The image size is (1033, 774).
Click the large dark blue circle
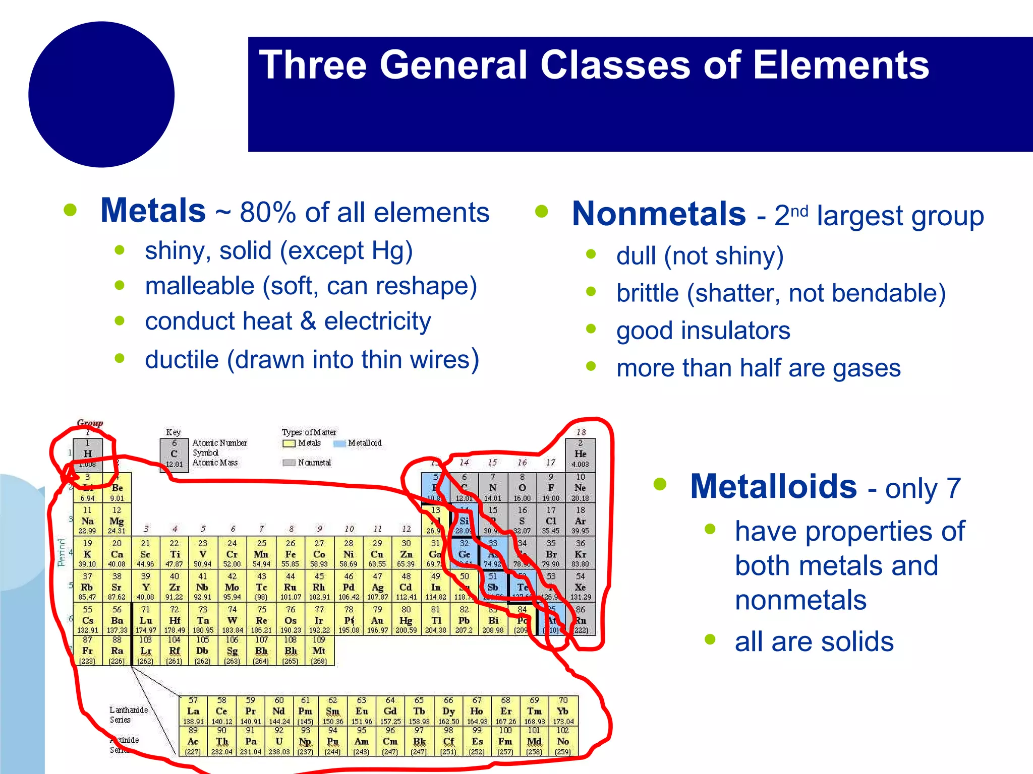[x=101, y=94]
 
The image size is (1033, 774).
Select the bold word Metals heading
[x=153, y=210]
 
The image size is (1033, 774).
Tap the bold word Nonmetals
[x=659, y=214]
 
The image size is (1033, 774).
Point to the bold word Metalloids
[x=773, y=486]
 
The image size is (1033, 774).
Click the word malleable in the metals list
[x=200, y=286]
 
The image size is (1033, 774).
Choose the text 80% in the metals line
[x=267, y=212]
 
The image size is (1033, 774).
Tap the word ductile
[x=182, y=360]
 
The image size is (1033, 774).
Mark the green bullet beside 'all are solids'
[x=710, y=640]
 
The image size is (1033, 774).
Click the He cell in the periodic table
[x=580, y=454]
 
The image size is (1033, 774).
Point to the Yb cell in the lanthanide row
[x=563, y=711]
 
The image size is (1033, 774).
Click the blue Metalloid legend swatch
[x=339, y=443]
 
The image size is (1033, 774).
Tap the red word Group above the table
[x=90, y=423]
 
